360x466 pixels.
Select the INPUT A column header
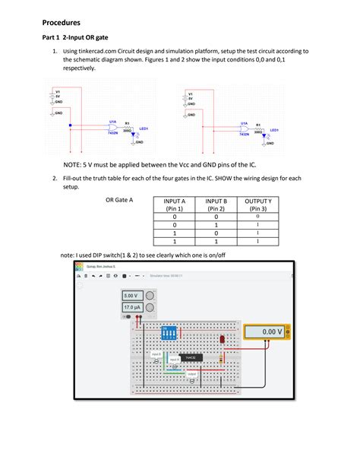click(175, 204)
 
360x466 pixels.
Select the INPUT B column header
click(216, 204)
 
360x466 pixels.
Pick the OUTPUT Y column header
click(258, 204)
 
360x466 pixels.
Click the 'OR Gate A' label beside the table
click(119, 200)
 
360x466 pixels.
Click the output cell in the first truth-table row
click(258, 216)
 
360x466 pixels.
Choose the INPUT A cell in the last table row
click(175, 243)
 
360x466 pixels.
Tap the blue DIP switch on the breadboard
click(169, 332)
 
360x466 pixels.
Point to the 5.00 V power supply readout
click(131, 296)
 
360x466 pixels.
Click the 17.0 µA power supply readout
click(131, 307)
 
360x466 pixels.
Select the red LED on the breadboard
click(222, 340)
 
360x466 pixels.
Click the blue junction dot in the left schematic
click(69, 125)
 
